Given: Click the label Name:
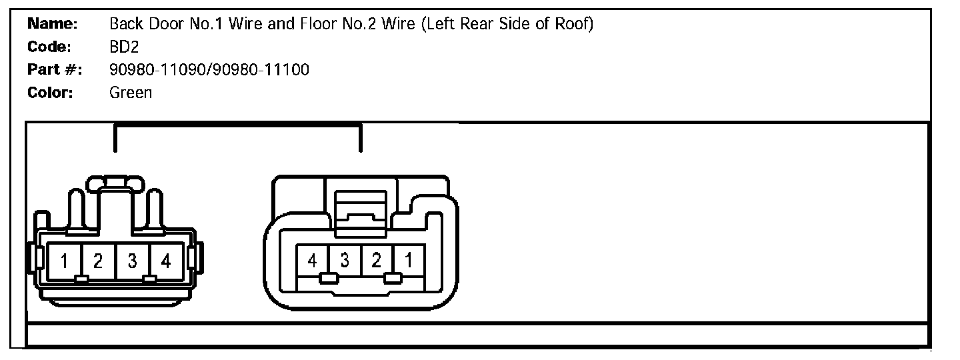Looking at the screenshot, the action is click(53, 25).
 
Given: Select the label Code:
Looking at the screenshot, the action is click(50, 47).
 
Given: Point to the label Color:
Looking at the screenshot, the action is click(51, 92).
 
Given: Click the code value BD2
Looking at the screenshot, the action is click(123, 47).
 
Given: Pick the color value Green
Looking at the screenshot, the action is click(131, 92).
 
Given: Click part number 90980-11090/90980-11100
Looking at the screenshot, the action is click(209, 69).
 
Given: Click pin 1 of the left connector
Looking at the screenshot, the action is click(64, 261).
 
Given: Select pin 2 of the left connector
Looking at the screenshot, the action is click(98, 261).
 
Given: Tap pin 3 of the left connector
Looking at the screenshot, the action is click(133, 261).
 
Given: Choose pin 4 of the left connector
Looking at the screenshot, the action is click(166, 261).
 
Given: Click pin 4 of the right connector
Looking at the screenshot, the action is click(312, 261).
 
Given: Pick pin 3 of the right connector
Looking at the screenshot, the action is click(344, 261).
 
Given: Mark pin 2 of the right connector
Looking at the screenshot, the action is click(377, 261).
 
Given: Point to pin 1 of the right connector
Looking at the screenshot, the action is click(409, 261).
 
